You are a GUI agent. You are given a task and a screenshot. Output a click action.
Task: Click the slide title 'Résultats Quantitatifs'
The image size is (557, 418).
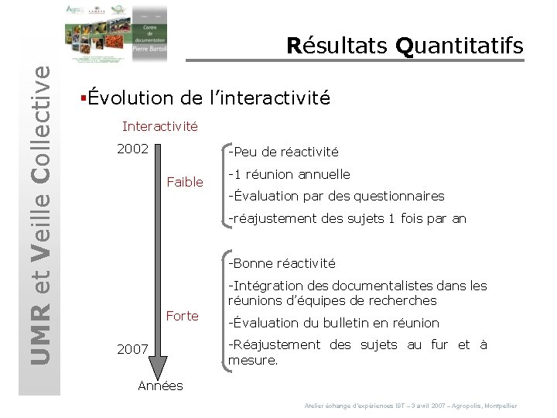405,46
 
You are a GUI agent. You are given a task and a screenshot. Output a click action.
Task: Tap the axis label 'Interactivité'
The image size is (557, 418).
160,125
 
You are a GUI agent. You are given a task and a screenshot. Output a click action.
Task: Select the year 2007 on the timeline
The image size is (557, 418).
132,349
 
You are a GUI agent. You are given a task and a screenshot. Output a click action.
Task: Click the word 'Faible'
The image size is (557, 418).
185,182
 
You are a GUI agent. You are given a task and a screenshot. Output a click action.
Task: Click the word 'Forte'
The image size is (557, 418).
183,316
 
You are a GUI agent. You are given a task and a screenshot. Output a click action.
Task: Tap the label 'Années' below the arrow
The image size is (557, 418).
160,385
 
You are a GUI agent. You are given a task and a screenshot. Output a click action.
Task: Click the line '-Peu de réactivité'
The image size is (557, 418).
282,152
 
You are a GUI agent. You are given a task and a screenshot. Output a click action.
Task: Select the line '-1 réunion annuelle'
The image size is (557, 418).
289,174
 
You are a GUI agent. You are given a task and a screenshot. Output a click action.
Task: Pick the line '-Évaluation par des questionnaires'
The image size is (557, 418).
336,196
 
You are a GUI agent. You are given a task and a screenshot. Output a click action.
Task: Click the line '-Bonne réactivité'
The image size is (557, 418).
282,263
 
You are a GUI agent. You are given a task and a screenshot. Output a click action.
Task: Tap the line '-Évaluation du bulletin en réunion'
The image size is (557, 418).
333,323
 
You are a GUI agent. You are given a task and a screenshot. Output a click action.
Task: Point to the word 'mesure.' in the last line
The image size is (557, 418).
253,360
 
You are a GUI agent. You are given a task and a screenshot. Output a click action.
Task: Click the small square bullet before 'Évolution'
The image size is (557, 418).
82,98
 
